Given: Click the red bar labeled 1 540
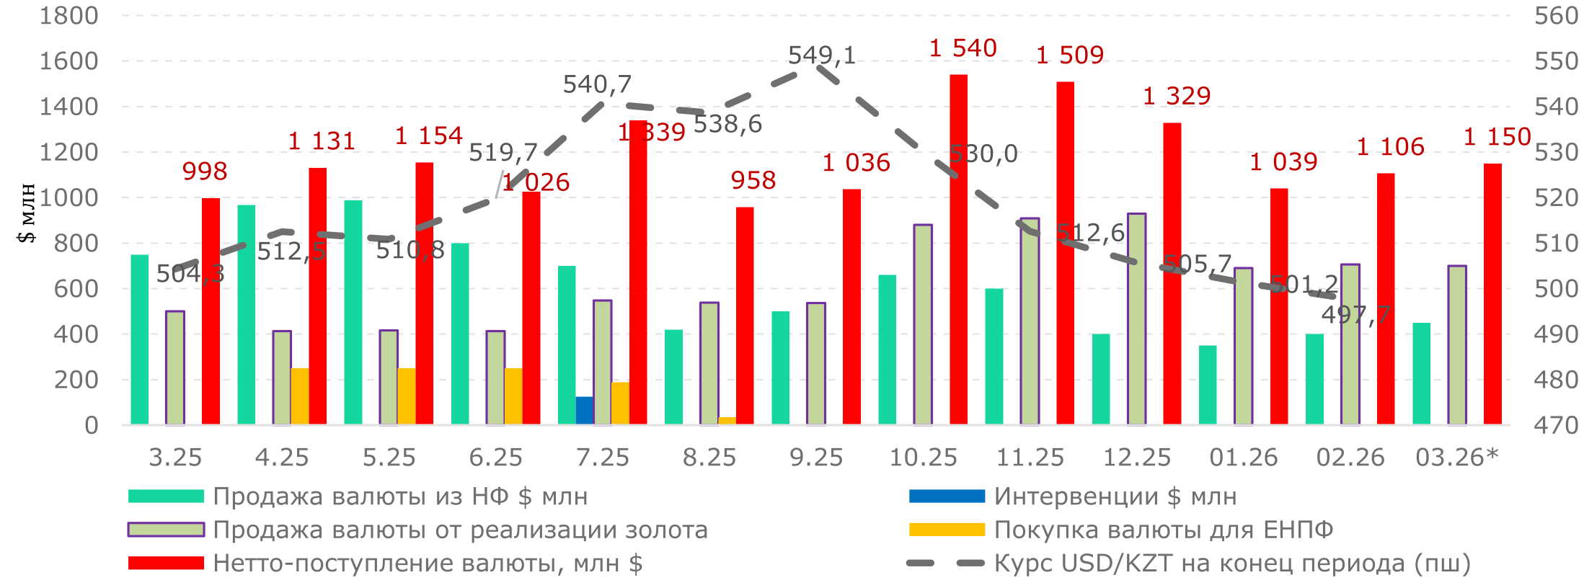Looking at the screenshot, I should point(958,249).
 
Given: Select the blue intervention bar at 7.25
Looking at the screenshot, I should point(584,410).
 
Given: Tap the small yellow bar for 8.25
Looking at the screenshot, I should point(727,420).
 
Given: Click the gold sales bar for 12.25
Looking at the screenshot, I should point(1137,318).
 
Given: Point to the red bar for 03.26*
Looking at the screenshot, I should point(1492,293).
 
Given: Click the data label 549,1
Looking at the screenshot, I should point(821,55).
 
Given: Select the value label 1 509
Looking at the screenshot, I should point(1069,55).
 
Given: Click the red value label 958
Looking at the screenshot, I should point(753,180).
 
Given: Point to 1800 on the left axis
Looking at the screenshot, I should point(68,16).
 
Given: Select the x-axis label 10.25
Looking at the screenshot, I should point(923,458).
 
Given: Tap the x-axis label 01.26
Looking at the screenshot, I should point(1243,458).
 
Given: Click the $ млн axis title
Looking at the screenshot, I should point(27,213).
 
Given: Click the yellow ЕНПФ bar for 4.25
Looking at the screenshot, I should point(299,396).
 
